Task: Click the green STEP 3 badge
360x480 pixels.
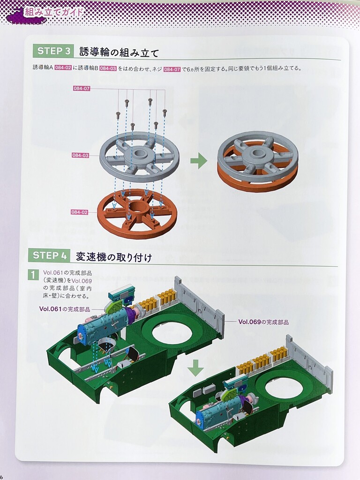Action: coord(52,51)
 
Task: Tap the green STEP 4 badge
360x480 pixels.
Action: coord(49,255)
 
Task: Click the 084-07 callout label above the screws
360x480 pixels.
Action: coord(82,89)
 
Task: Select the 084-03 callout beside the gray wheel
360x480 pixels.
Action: coord(81,155)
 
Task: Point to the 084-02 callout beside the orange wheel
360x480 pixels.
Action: coord(79,212)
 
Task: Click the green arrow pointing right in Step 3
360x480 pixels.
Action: coord(199,161)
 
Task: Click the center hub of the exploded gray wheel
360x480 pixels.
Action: coord(140,154)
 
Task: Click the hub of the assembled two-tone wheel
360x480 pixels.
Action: coord(257,154)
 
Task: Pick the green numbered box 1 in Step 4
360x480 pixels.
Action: coord(33,274)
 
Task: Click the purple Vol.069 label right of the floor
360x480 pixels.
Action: coord(263,322)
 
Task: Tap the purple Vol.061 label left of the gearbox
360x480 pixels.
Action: coord(65,309)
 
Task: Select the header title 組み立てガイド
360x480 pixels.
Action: coord(54,12)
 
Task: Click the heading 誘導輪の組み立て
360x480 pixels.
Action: coord(119,52)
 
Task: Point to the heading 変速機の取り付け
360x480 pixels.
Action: coord(113,256)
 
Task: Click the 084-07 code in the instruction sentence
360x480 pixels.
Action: coord(172,69)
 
